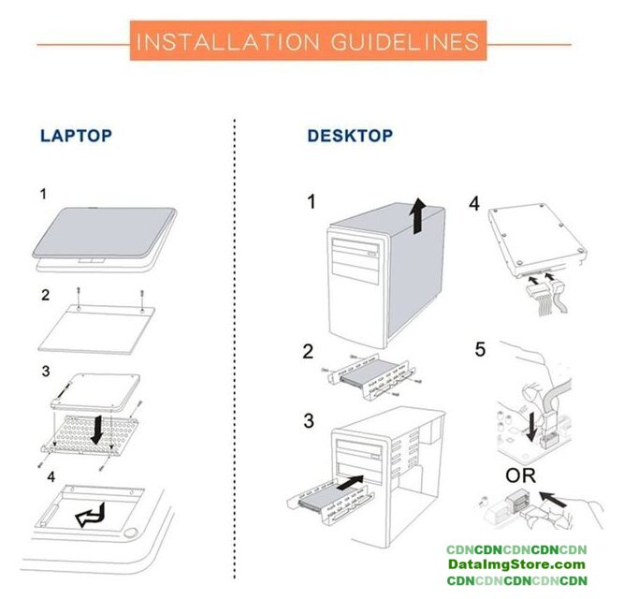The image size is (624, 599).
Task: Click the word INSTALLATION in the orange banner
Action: (x=228, y=42)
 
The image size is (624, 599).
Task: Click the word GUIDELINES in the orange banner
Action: (x=405, y=42)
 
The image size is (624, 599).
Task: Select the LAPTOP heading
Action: (x=76, y=136)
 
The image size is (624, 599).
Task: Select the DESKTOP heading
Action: (x=350, y=136)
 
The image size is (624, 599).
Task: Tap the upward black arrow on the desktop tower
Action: (x=417, y=215)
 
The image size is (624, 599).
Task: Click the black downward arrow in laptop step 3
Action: (x=96, y=430)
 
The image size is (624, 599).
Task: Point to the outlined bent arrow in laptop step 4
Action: (x=91, y=515)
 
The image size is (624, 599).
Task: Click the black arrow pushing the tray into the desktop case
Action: (x=350, y=483)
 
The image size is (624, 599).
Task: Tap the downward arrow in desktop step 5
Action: (x=530, y=427)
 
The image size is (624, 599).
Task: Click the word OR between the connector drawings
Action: (x=520, y=475)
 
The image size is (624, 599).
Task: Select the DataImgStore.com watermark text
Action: (x=516, y=564)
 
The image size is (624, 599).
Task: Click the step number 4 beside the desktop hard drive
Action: (x=474, y=204)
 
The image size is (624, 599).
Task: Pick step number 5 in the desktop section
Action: (x=480, y=349)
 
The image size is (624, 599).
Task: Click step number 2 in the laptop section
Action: (x=46, y=295)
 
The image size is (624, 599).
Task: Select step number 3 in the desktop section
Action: (x=309, y=420)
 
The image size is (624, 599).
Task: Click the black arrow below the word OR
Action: (x=552, y=500)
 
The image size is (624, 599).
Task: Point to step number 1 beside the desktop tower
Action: (x=312, y=201)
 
